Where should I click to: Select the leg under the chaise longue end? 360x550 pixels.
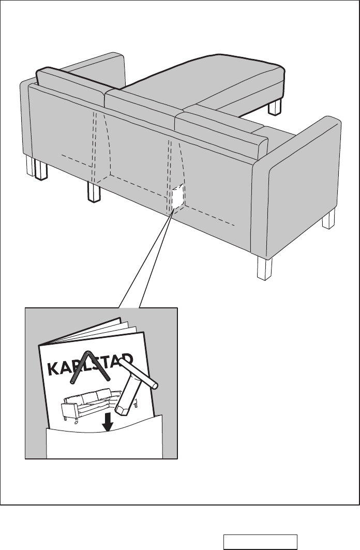(x=275, y=107)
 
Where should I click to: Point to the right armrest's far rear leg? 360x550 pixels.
(x=328, y=220)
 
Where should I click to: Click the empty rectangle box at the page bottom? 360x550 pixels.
(x=260, y=541)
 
